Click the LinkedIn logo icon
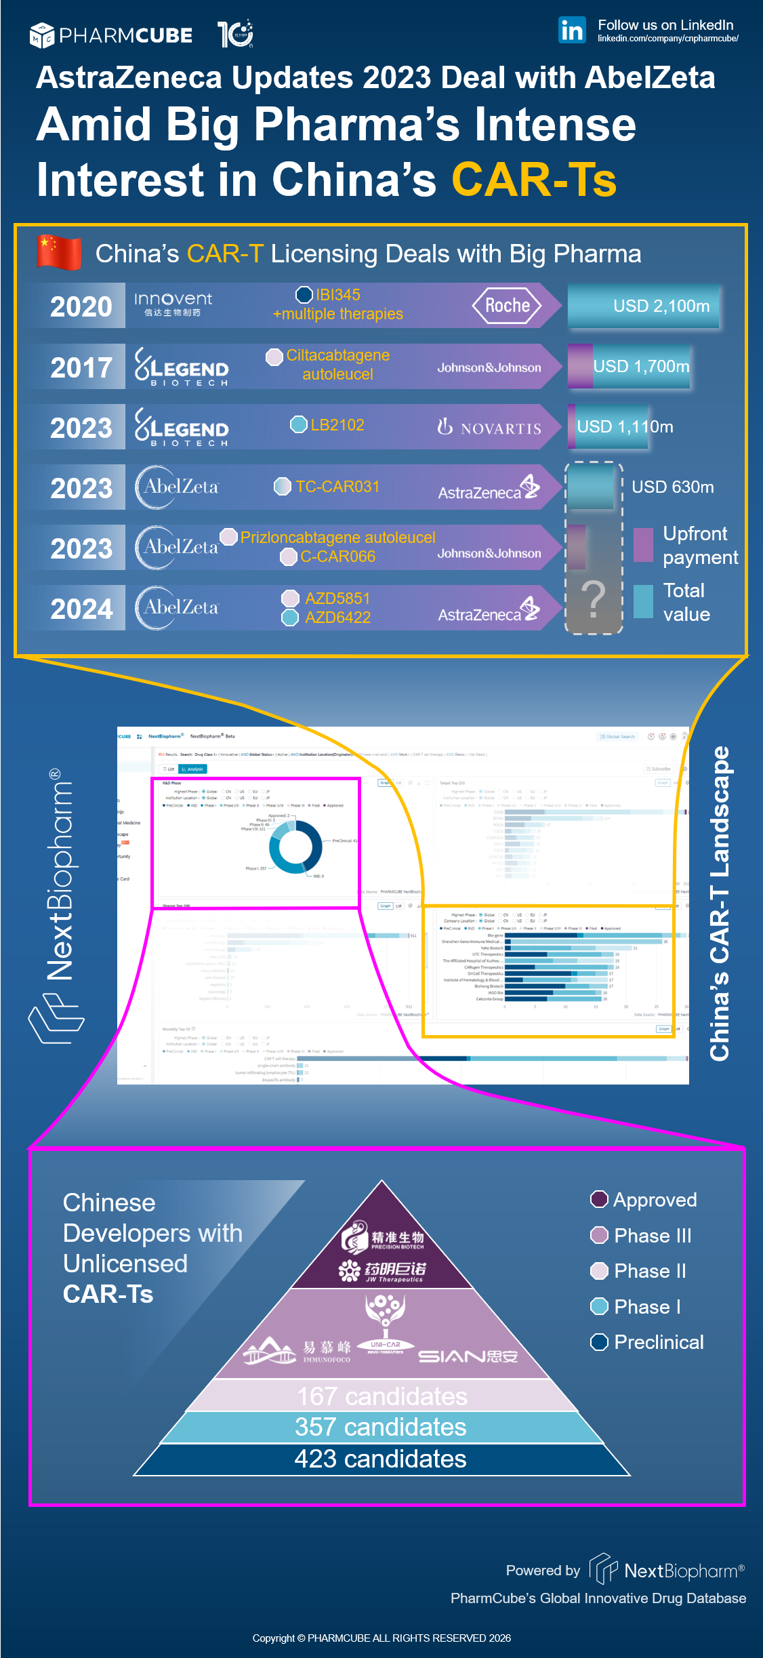(572, 31)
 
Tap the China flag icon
(59, 252)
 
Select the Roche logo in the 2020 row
(507, 306)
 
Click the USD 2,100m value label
(661, 306)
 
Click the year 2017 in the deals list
(81, 367)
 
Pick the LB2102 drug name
(337, 425)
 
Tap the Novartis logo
(489, 427)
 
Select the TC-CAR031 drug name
(337, 487)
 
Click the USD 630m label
(672, 487)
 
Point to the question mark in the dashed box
(593, 599)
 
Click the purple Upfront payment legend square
(643, 544)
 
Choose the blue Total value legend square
(643, 601)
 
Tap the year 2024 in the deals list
(81, 609)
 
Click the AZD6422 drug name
(337, 618)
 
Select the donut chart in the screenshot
(295, 847)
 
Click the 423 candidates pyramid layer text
(380, 1459)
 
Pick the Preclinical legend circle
(599, 1342)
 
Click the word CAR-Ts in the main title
(534, 180)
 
